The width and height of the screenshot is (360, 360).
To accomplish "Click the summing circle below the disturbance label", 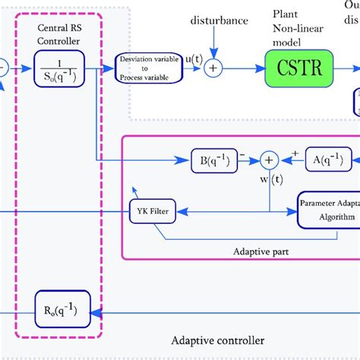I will (213, 68).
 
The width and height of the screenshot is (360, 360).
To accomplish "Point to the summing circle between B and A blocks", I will (268, 160).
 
